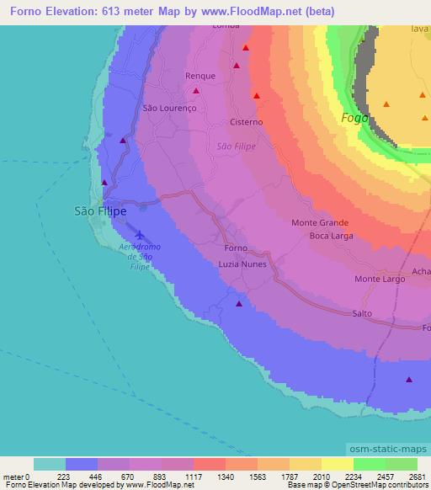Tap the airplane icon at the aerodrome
coord(138,236)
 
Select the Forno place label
coord(237,249)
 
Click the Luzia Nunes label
coord(242,264)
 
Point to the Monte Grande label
coord(319,223)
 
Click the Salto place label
coord(362,313)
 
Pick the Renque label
coord(200,76)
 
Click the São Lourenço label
coord(168,109)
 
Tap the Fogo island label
coord(354,119)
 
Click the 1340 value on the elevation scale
coord(226,477)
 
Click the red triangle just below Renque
coord(196,90)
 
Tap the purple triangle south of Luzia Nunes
coord(239,303)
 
